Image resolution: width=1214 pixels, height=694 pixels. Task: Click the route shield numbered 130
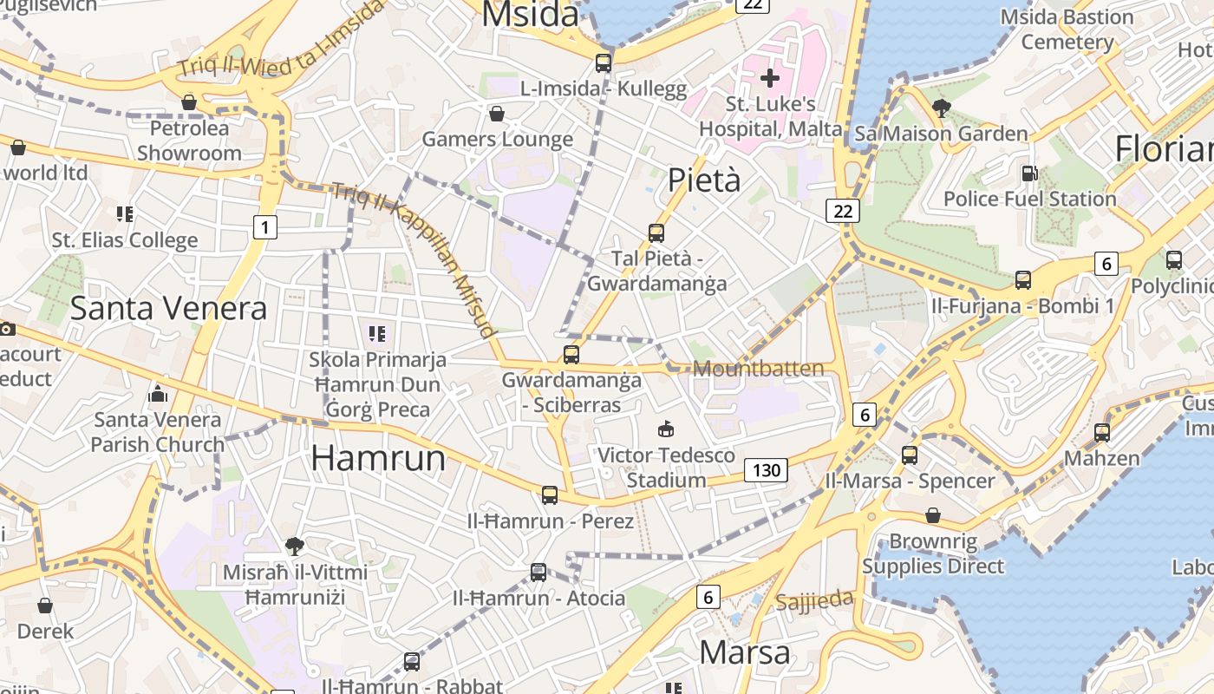[x=766, y=471]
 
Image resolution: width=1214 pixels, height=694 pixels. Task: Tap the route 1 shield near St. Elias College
[x=265, y=227]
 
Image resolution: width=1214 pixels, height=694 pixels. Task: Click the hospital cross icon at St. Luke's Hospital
[x=769, y=79]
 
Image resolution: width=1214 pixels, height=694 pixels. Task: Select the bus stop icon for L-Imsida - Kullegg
[x=604, y=62]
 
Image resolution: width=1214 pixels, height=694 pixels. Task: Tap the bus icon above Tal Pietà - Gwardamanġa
[x=656, y=232]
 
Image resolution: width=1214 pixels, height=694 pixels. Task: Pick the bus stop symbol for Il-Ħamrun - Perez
[x=550, y=494]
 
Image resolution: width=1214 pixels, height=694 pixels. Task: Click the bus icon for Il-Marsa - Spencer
[x=910, y=455]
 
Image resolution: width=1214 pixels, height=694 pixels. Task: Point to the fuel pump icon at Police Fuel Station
[x=1029, y=173]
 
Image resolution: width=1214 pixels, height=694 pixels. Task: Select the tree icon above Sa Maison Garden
[x=941, y=108]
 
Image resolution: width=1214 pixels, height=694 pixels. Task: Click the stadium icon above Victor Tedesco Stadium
[x=666, y=429]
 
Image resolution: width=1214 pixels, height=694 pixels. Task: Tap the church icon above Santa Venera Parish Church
[x=158, y=395]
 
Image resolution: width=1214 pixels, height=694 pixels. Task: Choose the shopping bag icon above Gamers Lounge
[x=497, y=114]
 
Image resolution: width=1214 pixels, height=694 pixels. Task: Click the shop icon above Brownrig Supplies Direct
[x=933, y=516]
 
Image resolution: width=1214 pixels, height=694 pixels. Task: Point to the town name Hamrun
[x=378, y=458]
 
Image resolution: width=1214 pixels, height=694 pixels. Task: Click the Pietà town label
[x=704, y=180]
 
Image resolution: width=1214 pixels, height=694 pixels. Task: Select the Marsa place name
[x=745, y=651]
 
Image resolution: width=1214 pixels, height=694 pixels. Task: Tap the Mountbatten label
[x=759, y=369]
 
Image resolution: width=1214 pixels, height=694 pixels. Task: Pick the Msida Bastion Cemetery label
[x=1067, y=29]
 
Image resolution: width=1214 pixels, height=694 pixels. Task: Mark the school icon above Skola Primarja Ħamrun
[x=377, y=333]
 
